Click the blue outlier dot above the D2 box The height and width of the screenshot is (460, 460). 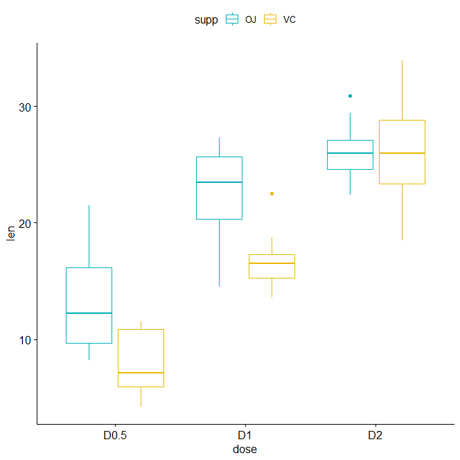pyautogui.click(x=350, y=96)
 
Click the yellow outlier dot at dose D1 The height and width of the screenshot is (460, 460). pyautogui.click(x=272, y=193)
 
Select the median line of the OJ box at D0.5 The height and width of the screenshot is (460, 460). pyautogui.click(x=89, y=313)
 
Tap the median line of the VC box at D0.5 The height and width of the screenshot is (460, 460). pyautogui.click(x=141, y=373)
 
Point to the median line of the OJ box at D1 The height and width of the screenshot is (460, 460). pyautogui.click(x=219, y=182)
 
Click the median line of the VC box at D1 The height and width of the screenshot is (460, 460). pyautogui.click(x=272, y=263)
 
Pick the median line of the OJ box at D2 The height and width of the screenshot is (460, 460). pyautogui.click(x=350, y=153)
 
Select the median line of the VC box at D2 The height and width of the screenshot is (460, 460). pyautogui.click(x=402, y=153)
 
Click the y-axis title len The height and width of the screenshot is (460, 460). pyautogui.click(x=10, y=233)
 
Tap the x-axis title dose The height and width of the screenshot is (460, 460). pyautogui.click(x=245, y=450)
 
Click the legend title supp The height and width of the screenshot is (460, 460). pyautogui.click(x=206, y=20)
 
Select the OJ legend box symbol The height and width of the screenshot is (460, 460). pyautogui.click(x=232, y=20)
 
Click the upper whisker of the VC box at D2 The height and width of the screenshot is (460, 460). pyautogui.click(x=402, y=90)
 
